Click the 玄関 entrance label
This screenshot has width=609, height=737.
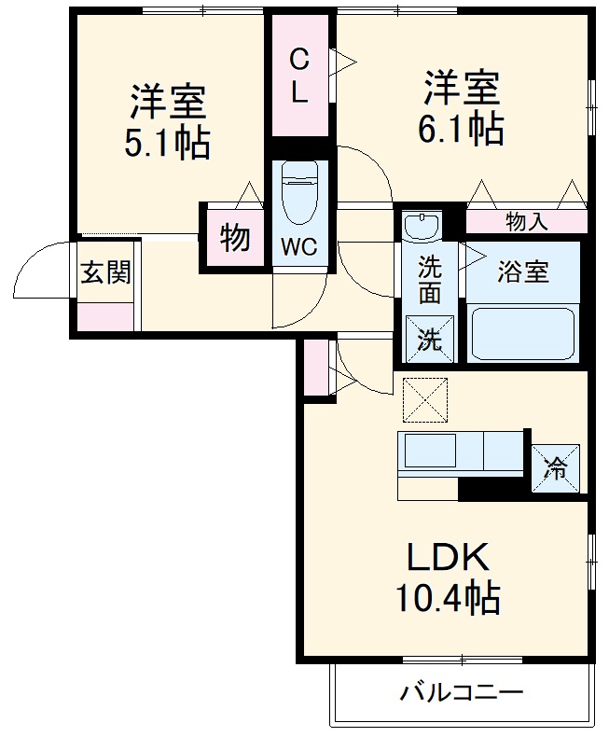coord(105,273)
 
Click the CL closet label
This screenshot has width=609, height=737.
coord(298,76)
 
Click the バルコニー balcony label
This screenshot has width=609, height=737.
coord(463,693)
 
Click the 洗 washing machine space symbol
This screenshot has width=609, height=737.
coord(429,340)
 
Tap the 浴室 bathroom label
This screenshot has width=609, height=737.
coord(522,272)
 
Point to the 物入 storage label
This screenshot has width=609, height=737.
coord(527,221)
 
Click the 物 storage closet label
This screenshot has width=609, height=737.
coord(235,238)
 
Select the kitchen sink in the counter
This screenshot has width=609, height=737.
coord(430,452)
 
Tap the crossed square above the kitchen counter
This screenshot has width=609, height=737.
coord(425,400)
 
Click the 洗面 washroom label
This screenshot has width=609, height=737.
coord(429,280)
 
